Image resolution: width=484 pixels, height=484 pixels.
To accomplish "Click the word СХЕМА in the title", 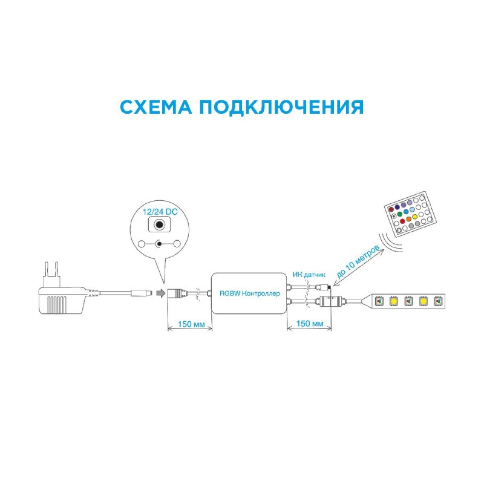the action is [x=155, y=107].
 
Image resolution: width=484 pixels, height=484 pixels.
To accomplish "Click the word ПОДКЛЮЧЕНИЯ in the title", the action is [x=281, y=108].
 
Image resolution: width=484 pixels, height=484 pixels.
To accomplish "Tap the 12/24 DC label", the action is [x=160, y=212].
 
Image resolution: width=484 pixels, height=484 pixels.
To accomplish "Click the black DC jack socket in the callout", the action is [x=159, y=224].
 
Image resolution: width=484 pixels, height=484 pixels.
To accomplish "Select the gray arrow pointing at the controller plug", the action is [x=161, y=293].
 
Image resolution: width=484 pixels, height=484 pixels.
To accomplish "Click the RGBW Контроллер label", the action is [x=250, y=293].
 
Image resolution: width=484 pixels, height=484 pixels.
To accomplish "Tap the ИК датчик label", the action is [x=309, y=275].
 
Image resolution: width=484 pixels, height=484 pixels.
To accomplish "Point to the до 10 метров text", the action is [x=358, y=262].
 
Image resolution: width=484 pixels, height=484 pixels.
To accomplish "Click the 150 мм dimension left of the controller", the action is [x=191, y=324].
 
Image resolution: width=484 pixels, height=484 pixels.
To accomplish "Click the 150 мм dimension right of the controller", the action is [x=310, y=323].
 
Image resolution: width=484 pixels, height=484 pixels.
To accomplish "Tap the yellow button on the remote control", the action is [x=415, y=217].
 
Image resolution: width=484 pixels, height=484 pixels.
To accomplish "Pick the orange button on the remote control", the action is [x=409, y=219].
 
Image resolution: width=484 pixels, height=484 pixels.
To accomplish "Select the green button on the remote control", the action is [x=399, y=214].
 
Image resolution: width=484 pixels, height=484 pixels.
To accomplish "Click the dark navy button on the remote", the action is [x=397, y=207].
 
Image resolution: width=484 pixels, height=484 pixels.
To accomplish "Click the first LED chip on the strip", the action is [x=379, y=301].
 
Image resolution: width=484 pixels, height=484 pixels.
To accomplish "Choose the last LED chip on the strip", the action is [x=438, y=301].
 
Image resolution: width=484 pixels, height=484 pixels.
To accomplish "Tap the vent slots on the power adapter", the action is [x=57, y=305].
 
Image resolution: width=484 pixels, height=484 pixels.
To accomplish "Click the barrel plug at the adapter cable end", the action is [x=142, y=293].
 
